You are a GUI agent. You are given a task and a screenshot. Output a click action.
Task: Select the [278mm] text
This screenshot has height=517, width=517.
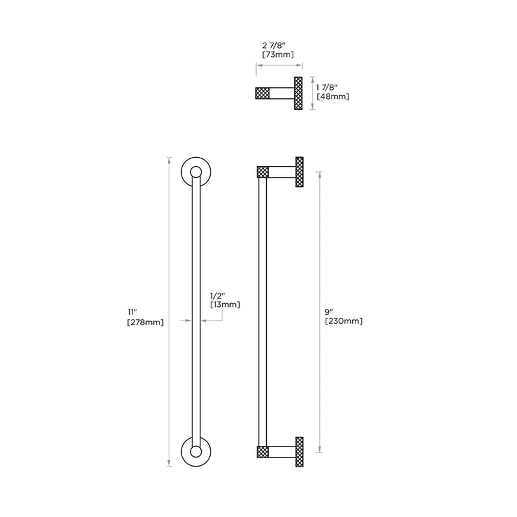coord(145,322)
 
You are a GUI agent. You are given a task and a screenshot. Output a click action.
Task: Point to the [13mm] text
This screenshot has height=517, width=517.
coord(225,304)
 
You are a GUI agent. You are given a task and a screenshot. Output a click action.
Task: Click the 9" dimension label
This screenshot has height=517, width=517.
coord(329,311)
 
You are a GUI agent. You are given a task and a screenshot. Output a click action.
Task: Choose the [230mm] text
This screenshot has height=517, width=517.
coord(344,321)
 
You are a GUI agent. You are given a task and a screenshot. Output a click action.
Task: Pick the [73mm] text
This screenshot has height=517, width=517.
coord(279,55)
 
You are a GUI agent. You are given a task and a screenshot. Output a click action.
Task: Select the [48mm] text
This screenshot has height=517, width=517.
coord(333,96)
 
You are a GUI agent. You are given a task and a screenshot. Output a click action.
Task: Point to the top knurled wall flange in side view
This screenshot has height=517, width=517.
coord(299,172)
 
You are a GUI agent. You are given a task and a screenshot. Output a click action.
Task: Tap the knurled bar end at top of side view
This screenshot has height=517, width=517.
coord(262,172)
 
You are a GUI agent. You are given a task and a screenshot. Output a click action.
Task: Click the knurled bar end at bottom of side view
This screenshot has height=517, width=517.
coord(262,452)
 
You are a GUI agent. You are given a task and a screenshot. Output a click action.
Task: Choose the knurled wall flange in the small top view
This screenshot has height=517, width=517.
coord(299,93)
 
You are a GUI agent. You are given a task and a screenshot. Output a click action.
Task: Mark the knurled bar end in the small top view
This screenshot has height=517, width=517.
coord(262,93)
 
